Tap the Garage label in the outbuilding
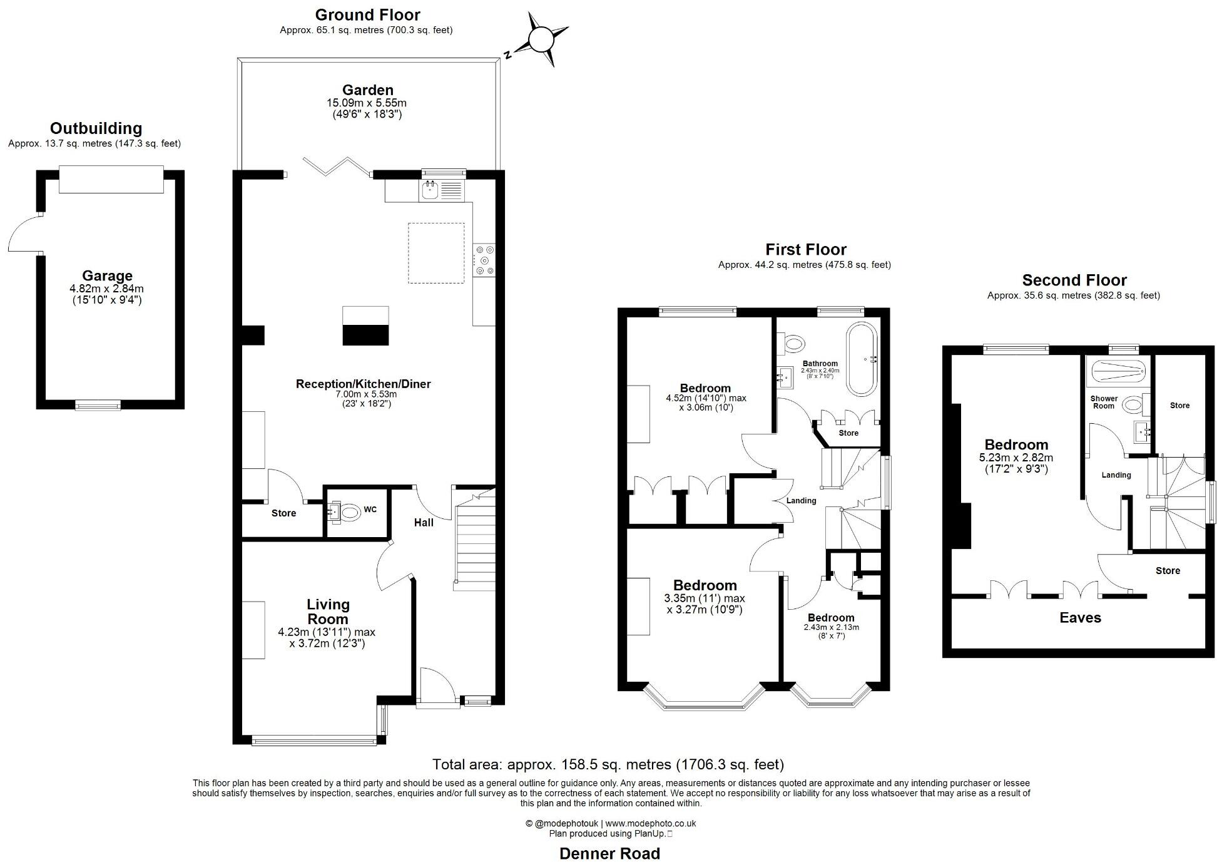click(x=107, y=276)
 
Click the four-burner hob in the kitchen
click(x=484, y=259)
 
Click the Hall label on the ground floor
click(x=424, y=523)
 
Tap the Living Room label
click(x=328, y=612)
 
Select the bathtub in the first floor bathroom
click(x=862, y=359)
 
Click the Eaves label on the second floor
click(x=1080, y=618)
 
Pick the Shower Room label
click(x=1104, y=402)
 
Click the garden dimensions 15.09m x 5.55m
click(x=367, y=103)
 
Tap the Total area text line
click(x=608, y=764)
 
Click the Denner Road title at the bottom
click(x=609, y=853)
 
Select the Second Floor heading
click(x=1074, y=280)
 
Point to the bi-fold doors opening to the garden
click(x=336, y=167)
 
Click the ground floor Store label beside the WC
click(x=283, y=513)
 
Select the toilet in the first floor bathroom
click(x=794, y=342)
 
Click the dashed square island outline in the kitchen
click(x=436, y=253)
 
